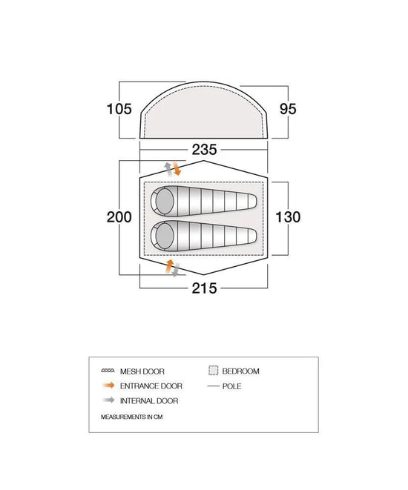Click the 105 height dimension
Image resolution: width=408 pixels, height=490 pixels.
[119, 109]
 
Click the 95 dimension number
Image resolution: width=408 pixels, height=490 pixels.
[288, 109]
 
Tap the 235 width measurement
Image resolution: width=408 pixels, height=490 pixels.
[204, 150]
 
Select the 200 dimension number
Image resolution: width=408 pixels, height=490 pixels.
[119, 217]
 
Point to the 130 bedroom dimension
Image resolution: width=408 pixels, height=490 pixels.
[288, 217]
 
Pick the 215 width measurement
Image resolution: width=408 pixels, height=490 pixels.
[204, 288]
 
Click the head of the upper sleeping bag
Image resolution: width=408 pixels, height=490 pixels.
[165, 201]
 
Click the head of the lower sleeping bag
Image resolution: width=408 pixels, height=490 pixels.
[165, 236]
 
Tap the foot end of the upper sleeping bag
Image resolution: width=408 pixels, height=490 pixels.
[253, 201]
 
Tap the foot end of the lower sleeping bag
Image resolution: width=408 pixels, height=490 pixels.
[253, 236]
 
